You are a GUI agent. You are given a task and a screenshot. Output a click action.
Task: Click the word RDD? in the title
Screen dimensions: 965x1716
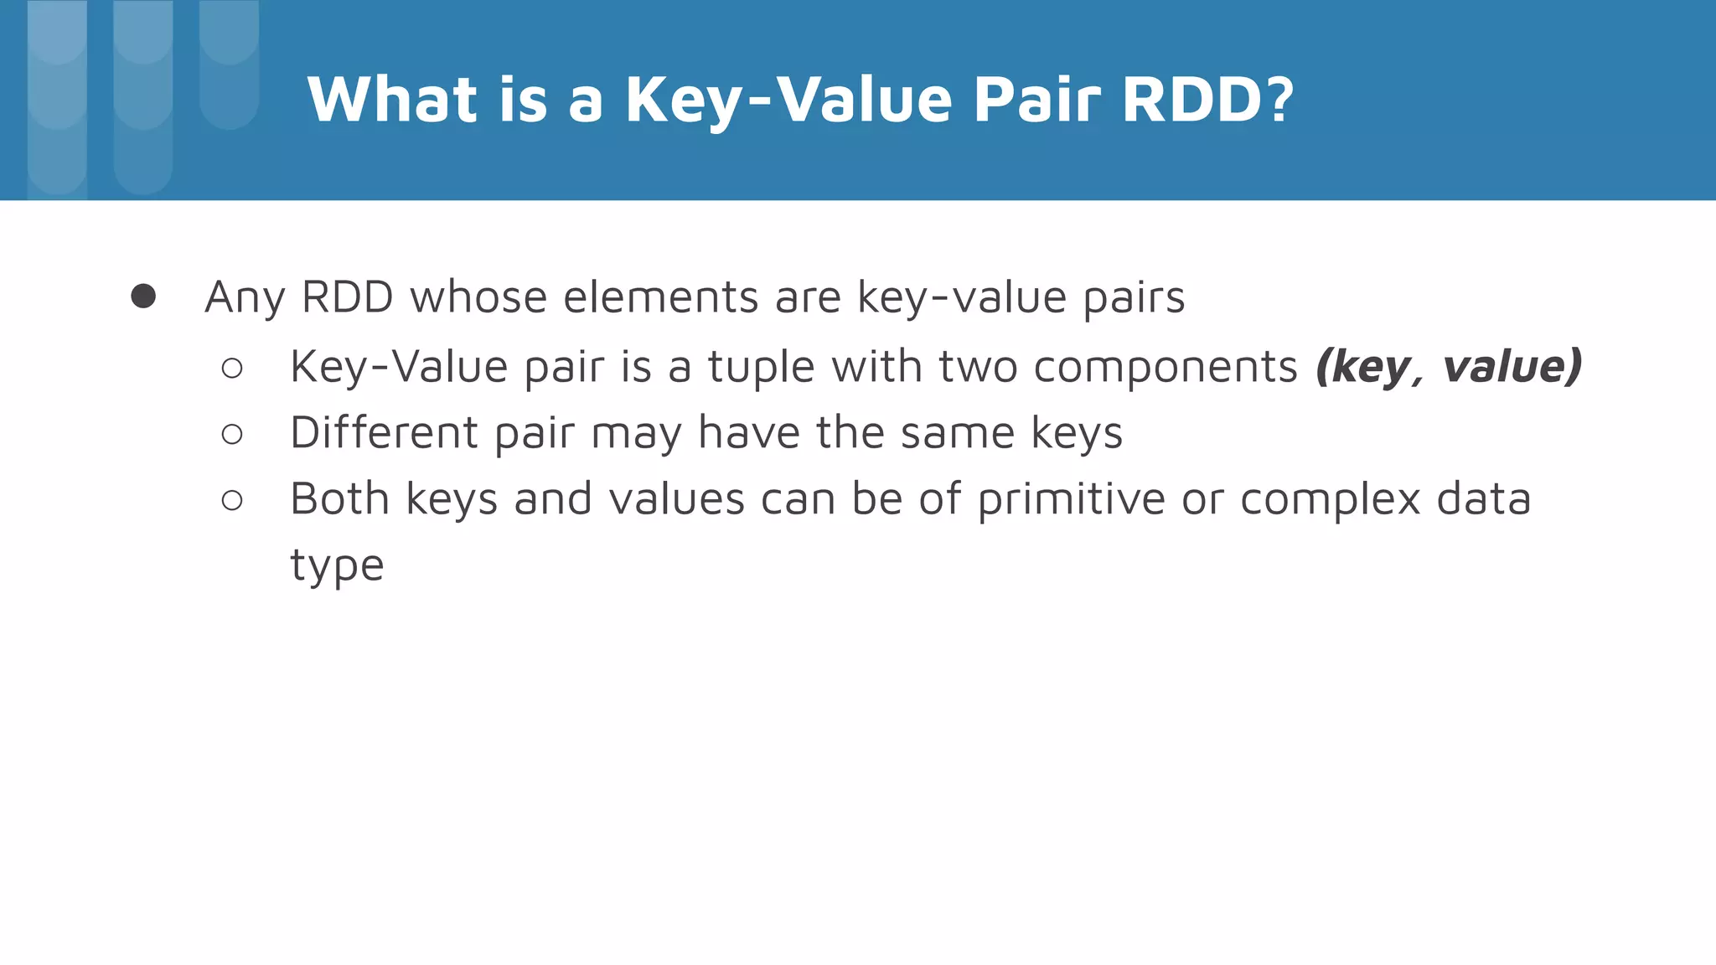click(x=1207, y=100)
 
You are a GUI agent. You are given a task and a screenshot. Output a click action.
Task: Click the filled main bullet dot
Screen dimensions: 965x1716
click(x=143, y=297)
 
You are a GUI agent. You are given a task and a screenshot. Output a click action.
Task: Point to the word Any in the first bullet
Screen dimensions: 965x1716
click(x=246, y=298)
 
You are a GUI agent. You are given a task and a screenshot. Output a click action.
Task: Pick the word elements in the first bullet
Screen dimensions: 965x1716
click(x=661, y=297)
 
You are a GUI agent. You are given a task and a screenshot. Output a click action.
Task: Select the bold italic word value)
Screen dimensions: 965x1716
click(x=1512, y=366)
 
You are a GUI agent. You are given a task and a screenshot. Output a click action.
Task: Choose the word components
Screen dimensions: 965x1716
click(x=1166, y=368)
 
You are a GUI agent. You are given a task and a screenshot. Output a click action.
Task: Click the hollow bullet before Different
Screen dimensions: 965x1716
click(x=232, y=434)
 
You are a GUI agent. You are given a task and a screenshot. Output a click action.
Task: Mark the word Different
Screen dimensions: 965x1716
click(x=385, y=433)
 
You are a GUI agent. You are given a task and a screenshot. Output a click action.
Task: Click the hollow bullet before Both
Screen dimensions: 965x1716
click(x=232, y=500)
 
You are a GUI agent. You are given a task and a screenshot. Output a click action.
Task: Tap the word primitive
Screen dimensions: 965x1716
click(x=1071, y=500)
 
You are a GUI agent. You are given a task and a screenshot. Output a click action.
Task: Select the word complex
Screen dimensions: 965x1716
click(x=1330, y=500)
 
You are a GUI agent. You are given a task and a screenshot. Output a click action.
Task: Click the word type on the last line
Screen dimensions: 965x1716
click(x=337, y=565)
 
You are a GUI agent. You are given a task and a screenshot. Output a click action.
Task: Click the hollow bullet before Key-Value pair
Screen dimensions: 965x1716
click(x=232, y=368)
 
